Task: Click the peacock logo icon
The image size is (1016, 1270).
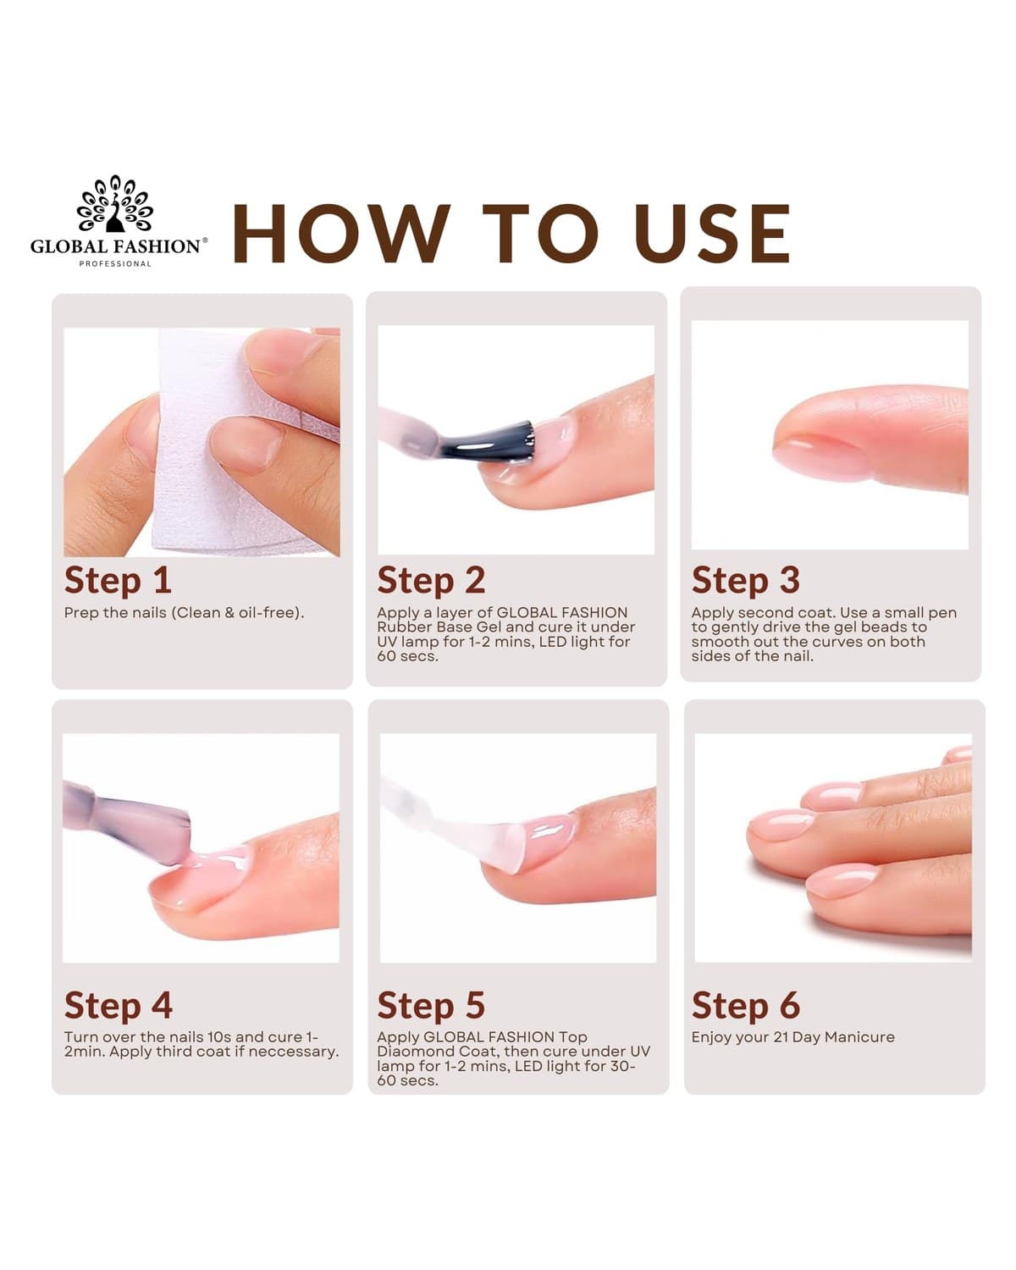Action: pyautogui.click(x=114, y=203)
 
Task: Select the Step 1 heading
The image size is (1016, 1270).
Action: pyautogui.click(x=118, y=581)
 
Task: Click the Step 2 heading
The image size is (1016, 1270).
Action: pyautogui.click(x=431, y=581)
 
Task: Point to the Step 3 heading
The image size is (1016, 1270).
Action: pyautogui.click(x=746, y=581)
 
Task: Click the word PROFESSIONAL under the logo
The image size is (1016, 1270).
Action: pyautogui.click(x=115, y=264)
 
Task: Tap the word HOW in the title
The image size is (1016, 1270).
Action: pyautogui.click(x=342, y=233)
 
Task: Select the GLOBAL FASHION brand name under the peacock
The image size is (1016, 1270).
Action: pyautogui.click(x=116, y=246)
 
